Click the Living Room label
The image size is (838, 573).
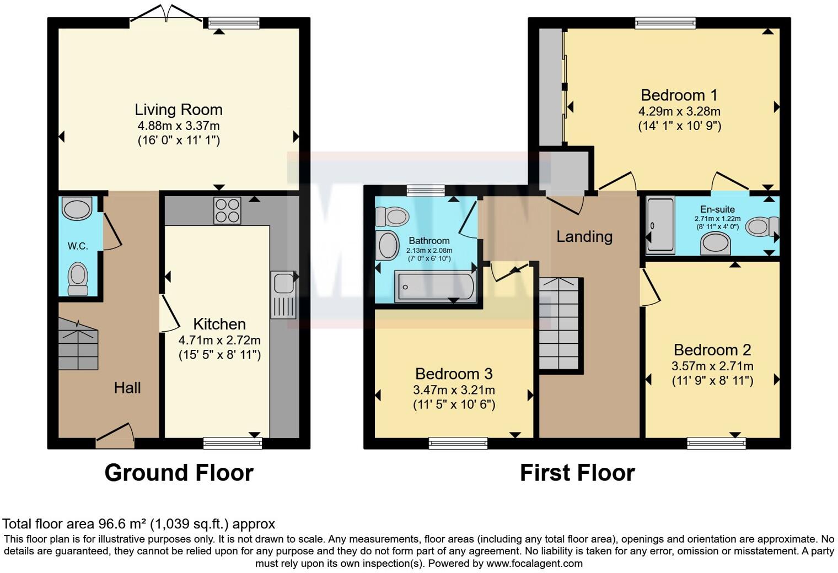(x=179, y=110)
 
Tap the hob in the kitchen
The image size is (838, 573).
(x=227, y=210)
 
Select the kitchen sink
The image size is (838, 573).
(x=283, y=294)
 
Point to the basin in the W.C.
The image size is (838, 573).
(x=77, y=209)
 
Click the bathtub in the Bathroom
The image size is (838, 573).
(x=435, y=287)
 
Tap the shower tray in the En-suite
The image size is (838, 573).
(x=660, y=225)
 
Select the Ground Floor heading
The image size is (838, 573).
(x=179, y=473)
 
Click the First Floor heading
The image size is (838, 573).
(x=577, y=473)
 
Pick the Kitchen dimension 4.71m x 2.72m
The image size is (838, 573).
(x=219, y=340)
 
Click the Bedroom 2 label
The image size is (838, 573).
(x=712, y=350)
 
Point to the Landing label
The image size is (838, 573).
(x=584, y=236)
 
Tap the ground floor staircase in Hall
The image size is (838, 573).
(x=78, y=345)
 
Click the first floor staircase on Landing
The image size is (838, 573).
(x=559, y=324)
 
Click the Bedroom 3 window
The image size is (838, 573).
(x=458, y=443)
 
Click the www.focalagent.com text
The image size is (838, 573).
(x=534, y=564)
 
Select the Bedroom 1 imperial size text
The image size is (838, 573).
(x=680, y=126)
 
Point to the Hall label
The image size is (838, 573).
(x=127, y=388)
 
